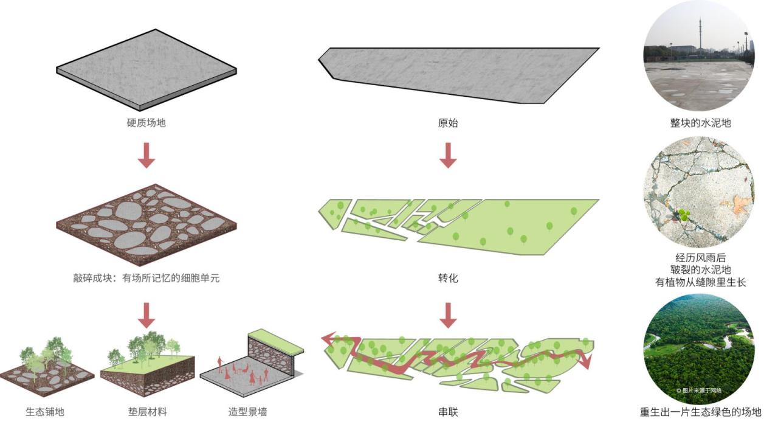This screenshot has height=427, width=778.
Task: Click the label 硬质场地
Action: pos(146,123)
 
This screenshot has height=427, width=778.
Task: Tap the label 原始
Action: pos(448,123)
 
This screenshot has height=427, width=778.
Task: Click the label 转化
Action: pos(448,279)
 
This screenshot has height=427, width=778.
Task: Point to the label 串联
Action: pos(448,412)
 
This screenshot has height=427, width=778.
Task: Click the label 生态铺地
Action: pos(45,412)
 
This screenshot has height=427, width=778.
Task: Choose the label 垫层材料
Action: pos(147,412)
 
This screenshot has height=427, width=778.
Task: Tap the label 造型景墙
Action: pos(247,412)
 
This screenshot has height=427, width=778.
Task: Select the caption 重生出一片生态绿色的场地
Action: pos(700,412)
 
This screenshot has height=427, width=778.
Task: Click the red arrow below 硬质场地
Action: pos(146,155)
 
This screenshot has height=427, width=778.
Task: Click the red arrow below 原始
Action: pos(448,155)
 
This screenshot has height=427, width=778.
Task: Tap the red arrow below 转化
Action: pos(448,314)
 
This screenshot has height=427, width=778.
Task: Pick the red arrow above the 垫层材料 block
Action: pos(146,314)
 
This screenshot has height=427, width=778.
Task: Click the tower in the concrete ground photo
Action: pos(700,33)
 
